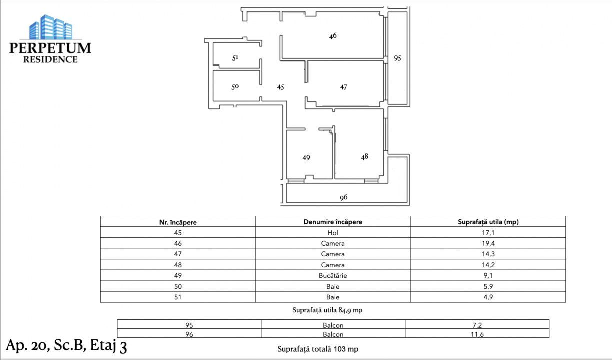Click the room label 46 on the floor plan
pyautogui.click(x=333, y=36)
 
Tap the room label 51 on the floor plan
pyautogui.click(x=235, y=58)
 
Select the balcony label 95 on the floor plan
pyautogui.click(x=397, y=58)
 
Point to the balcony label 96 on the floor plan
pyautogui.click(x=343, y=197)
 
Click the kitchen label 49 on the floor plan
pyautogui.click(x=306, y=157)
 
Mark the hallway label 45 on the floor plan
pyautogui.click(x=281, y=87)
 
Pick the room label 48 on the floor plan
pyautogui.click(x=364, y=157)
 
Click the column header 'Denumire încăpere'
pyautogui.click(x=333, y=222)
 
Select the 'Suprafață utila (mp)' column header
pyautogui.click(x=488, y=222)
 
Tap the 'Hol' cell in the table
pyautogui.click(x=333, y=233)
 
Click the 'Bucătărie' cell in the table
pyautogui.click(x=333, y=276)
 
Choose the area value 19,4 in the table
pyautogui.click(x=488, y=244)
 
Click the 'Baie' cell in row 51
pyautogui.click(x=333, y=297)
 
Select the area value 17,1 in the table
pyautogui.click(x=488, y=233)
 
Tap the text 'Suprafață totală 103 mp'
pyautogui.click(x=318, y=349)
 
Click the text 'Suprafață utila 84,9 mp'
pyautogui.click(x=327, y=310)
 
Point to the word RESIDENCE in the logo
pyautogui.click(x=50, y=59)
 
